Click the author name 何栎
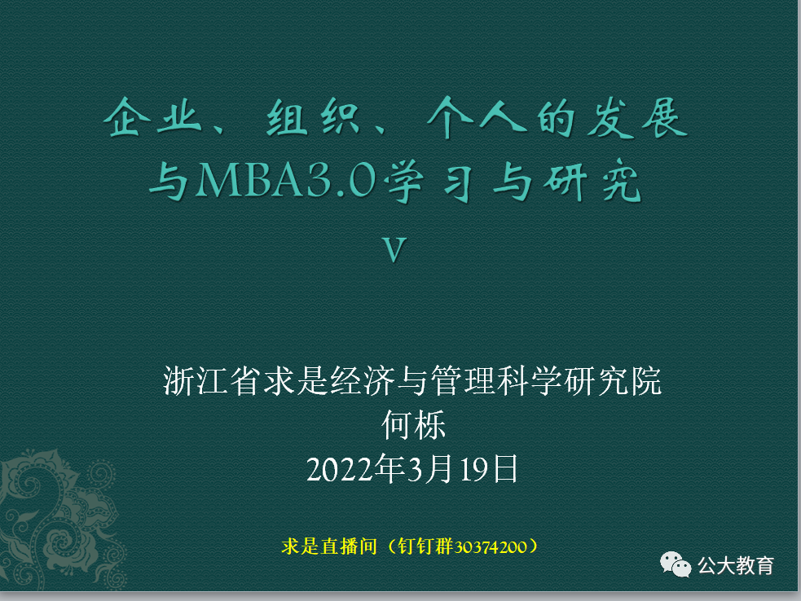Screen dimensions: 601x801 click(415, 425)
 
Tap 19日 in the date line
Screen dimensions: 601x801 click(488, 470)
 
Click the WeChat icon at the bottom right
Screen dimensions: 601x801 click(676, 564)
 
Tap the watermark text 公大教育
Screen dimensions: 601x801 click(736, 564)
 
